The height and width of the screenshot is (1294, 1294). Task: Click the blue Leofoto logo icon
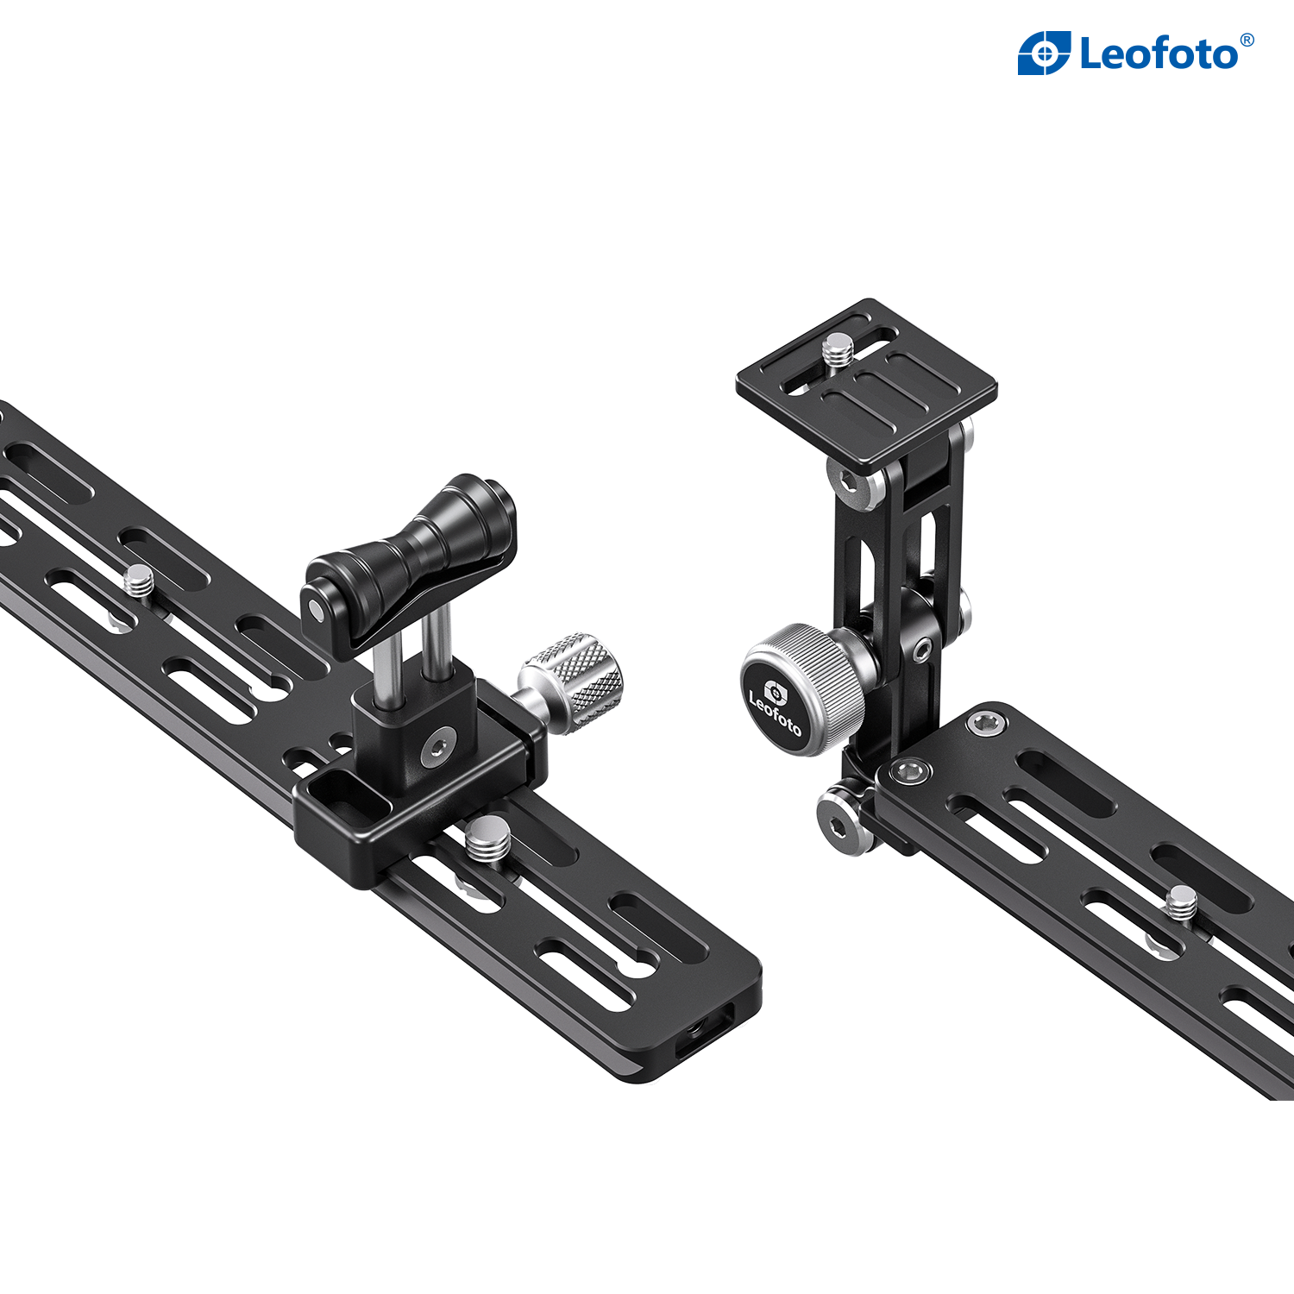pyautogui.click(x=1044, y=53)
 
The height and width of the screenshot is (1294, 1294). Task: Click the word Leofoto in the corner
pyautogui.click(x=1159, y=53)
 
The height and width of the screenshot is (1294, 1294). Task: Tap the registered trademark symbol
pyautogui.click(x=1247, y=40)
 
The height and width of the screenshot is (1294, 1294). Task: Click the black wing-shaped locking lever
pyautogui.click(x=409, y=561)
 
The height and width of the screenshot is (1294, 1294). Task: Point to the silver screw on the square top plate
pyautogui.click(x=837, y=351)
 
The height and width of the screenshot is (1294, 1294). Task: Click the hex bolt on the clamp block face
pyautogui.click(x=439, y=745)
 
